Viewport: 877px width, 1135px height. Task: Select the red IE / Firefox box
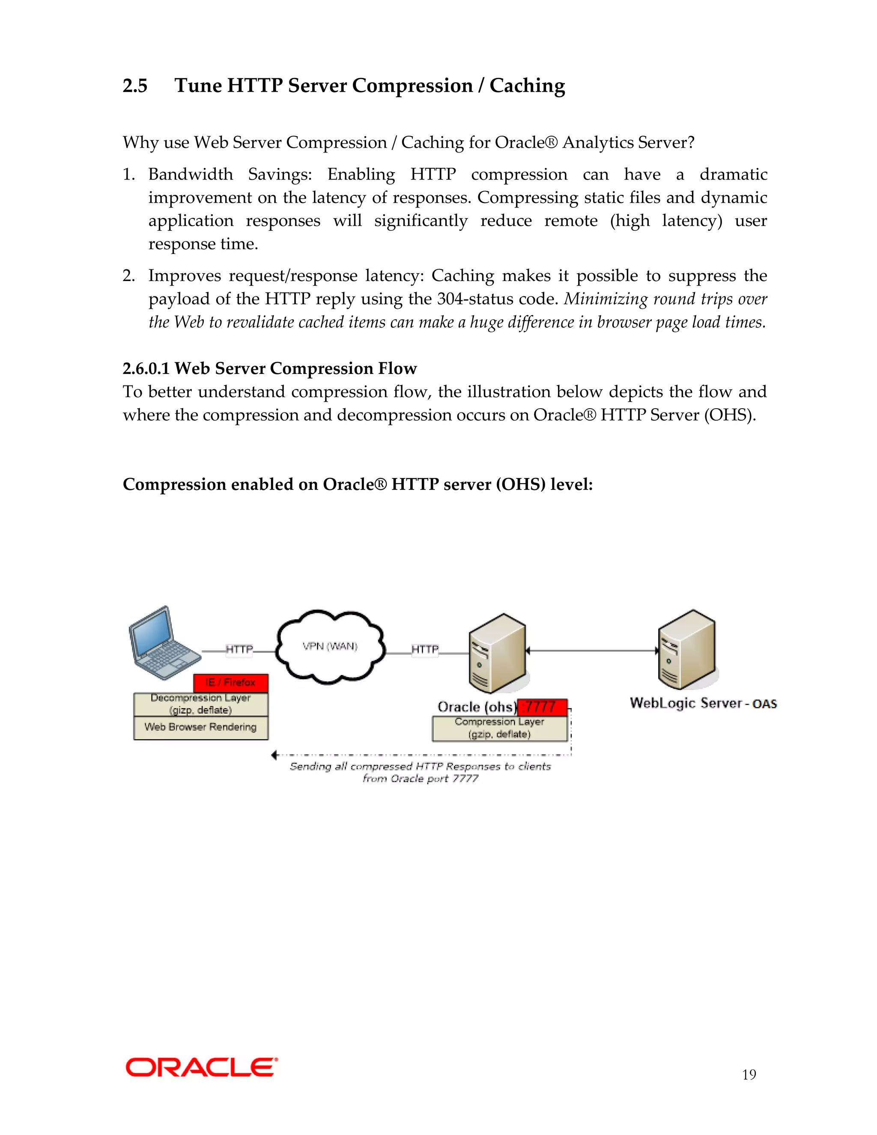pyautogui.click(x=231, y=683)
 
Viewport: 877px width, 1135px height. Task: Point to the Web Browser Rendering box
pyautogui.click(x=200, y=728)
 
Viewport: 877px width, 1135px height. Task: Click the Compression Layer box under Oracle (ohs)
pyautogui.click(x=499, y=729)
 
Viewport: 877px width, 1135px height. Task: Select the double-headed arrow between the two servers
pyautogui.click(x=592, y=651)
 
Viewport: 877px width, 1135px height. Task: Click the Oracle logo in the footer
pyautogui.click(x=201, y=1067)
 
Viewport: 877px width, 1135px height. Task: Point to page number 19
pyautogui.click(x=749, y=1075)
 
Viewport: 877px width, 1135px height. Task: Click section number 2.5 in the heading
pyautogui.click(x=135, y=86)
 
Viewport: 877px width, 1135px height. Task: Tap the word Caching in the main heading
pyautogui.click(x=527, y=86)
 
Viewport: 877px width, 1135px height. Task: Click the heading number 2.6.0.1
pyautogui.click(x=146, y=368)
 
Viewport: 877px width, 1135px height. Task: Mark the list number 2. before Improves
pyautogui.click(x=128, y=275)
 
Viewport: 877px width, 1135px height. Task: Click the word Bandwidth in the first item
pyautogui.click(x=191, y=174)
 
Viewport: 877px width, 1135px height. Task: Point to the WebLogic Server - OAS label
pyautogui.click(x=703, y=704)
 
